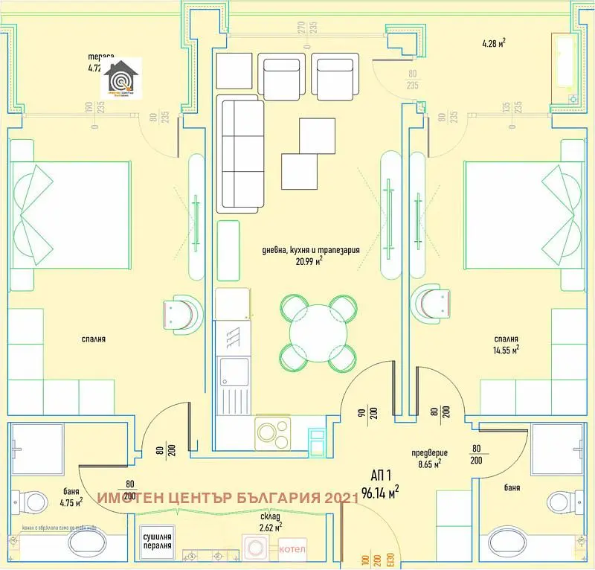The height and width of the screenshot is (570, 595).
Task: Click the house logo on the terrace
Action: [x=121, y=77]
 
